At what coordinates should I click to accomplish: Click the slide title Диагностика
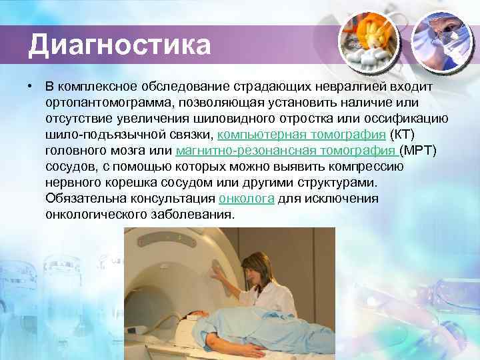tap(119, 45)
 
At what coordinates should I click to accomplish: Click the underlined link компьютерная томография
tap(302, 134)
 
